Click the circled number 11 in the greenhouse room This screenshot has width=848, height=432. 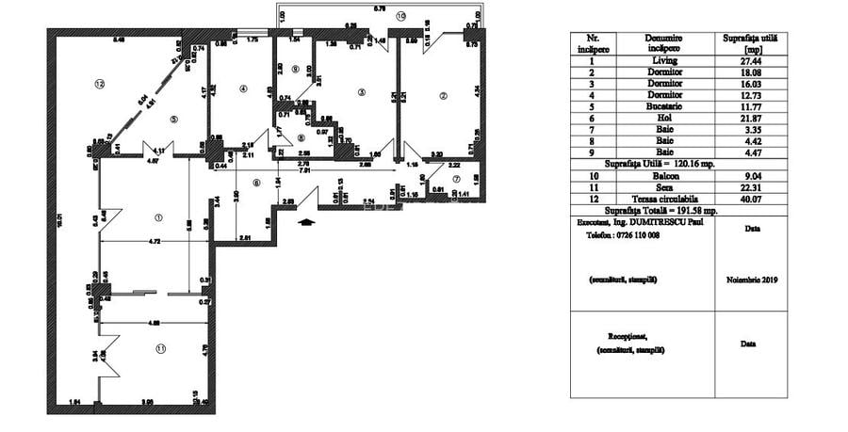[161, 348]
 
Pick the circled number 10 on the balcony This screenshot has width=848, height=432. [400, 16]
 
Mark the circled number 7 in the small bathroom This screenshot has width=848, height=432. [455, 180]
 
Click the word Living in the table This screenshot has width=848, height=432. [670, 60]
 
